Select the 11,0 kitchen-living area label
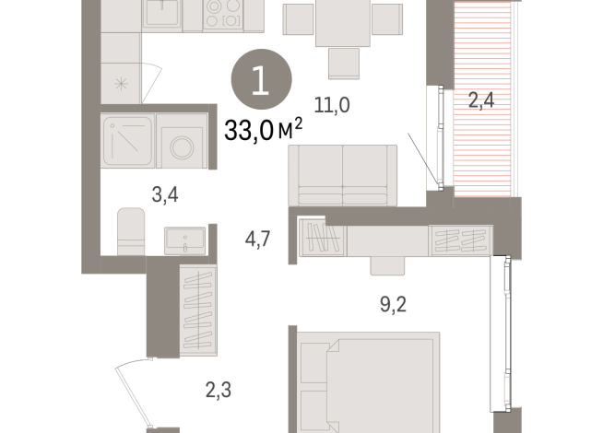point(332,106)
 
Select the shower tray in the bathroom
point(126,142)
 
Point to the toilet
point(132,228)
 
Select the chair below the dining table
point(345,63)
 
